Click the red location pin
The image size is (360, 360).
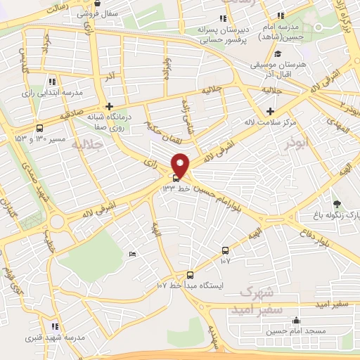(181, 165)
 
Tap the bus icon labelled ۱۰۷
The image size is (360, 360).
(225, 250)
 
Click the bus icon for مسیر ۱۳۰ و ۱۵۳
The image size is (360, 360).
(39, 129)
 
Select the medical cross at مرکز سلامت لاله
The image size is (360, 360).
(271, 111)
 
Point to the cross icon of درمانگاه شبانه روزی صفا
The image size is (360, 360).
(110, 106)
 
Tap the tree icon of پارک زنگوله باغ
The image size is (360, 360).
(335, 204)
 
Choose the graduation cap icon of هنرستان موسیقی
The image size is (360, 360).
(277, 54)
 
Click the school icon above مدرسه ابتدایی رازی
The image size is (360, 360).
(53, 82)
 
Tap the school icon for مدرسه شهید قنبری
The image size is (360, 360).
(54, 326)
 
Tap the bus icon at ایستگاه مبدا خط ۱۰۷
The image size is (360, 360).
(190, 275)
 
